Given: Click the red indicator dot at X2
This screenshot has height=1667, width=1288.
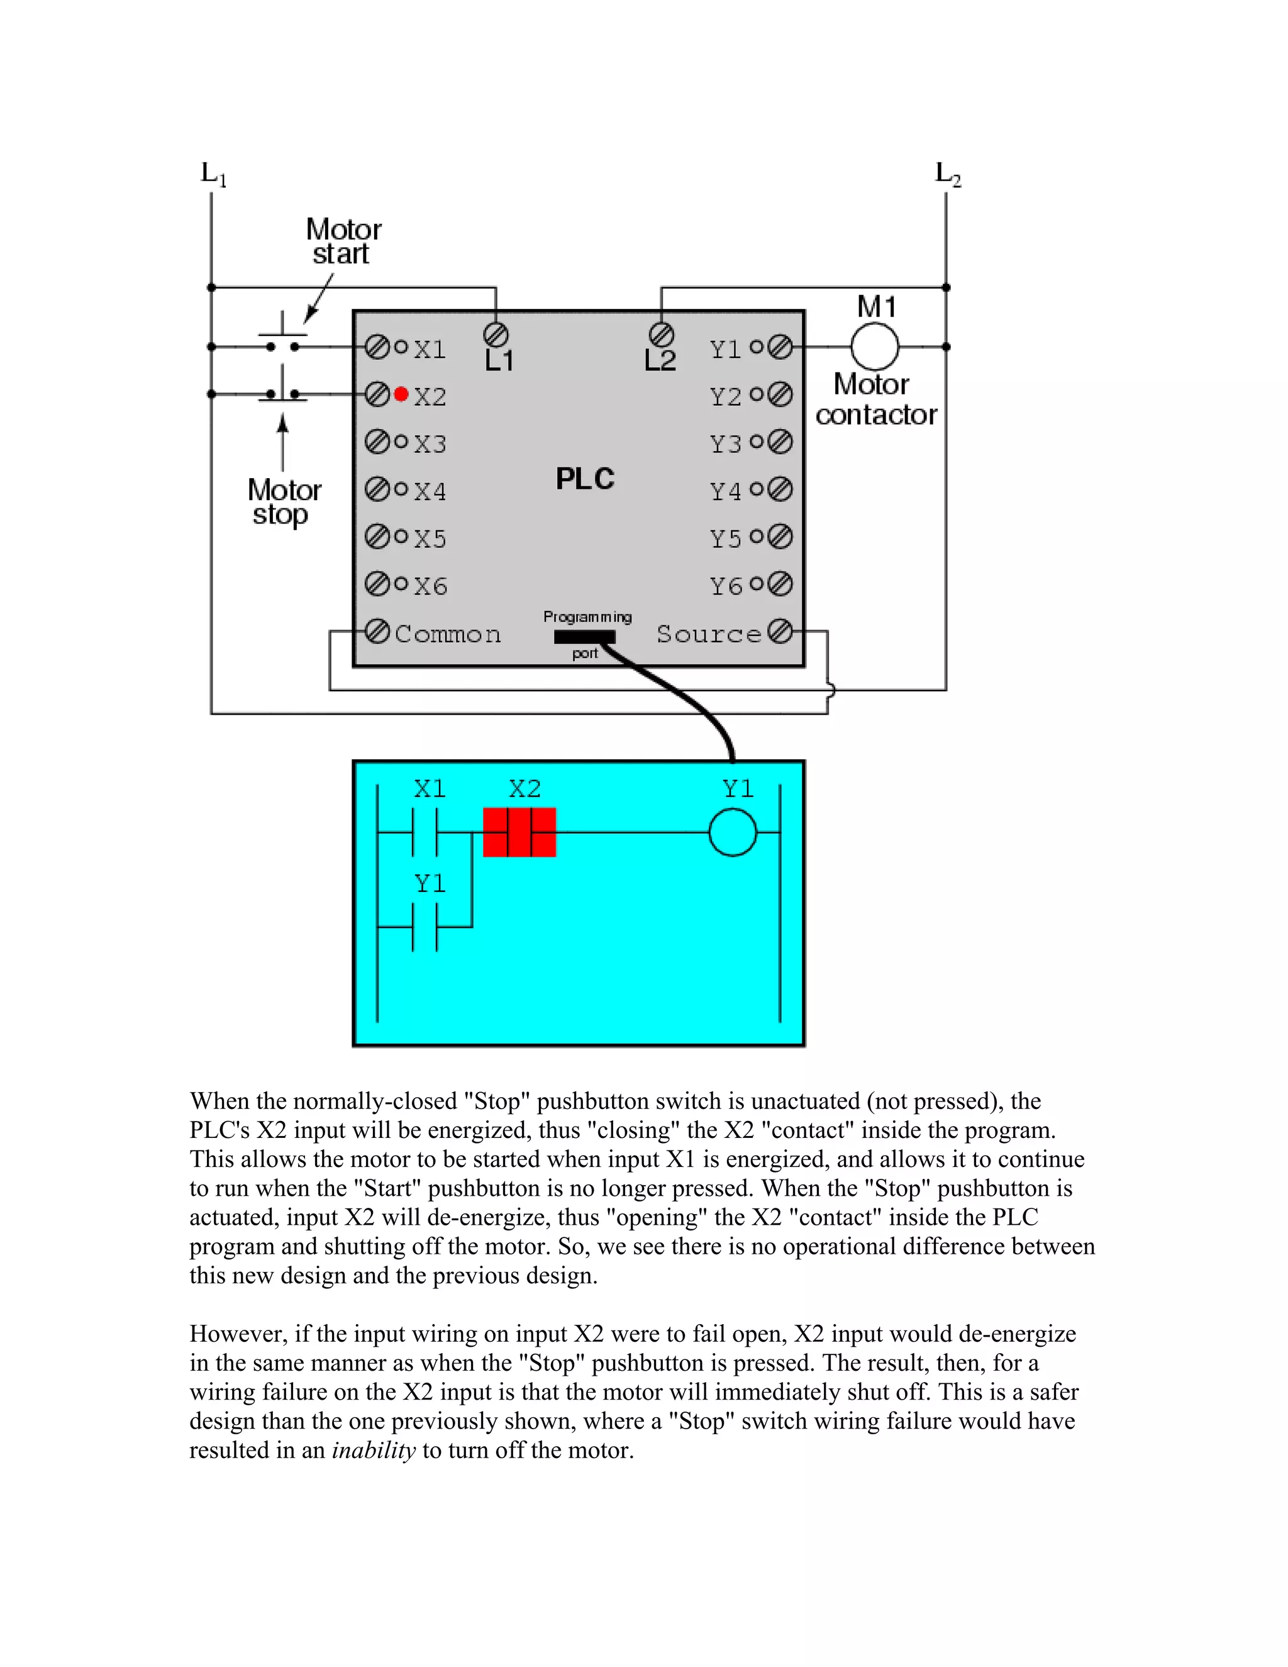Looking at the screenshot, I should point(401,394).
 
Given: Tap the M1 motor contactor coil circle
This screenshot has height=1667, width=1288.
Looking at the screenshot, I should point(874,347).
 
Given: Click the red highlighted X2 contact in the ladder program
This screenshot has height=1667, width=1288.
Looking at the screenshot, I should point(519,832).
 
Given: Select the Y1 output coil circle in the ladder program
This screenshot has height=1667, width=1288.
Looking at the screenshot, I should point(733,832).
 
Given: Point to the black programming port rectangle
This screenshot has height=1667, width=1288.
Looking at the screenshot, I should point(584,637).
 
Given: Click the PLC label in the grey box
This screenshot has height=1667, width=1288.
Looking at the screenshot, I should point(584,479).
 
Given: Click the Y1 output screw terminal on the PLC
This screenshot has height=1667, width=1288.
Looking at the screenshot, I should point(780,347).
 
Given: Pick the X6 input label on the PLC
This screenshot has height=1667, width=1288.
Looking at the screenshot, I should point(430,586).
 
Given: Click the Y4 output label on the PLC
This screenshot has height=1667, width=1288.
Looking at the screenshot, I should point(725,491).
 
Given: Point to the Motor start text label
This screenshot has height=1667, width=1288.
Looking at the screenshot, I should point(343,241).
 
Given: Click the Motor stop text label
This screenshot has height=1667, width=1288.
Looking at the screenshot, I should point(284,501).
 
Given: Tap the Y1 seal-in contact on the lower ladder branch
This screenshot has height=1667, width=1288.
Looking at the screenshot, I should point(425,927).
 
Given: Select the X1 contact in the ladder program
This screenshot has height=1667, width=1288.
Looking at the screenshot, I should point(425,832).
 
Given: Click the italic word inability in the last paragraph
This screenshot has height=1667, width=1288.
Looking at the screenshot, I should point(373,1450).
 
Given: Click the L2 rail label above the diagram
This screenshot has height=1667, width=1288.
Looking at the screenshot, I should point(947,174).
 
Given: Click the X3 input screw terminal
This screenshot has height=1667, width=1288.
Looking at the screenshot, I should point(377,442).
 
